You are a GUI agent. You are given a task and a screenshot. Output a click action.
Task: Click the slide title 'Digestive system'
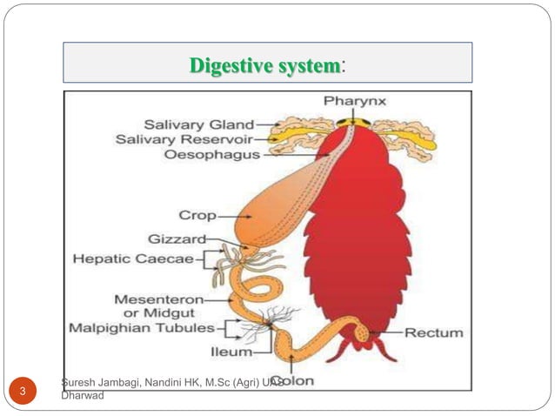(x=265, y=65)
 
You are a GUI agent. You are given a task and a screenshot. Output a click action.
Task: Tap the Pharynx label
(x=355, y=102)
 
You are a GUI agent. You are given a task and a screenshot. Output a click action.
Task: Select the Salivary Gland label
(x=198, y=124)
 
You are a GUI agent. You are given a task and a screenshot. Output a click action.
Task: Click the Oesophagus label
(x=211, y=155)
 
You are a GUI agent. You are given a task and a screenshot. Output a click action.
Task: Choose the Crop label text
(x=197, y=214)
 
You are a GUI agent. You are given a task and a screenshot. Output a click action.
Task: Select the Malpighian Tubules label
(x=141, y=328)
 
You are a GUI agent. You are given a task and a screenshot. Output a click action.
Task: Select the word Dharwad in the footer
(x=84, y=395)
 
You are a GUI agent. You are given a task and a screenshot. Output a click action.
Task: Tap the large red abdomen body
(x=361, y=235)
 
